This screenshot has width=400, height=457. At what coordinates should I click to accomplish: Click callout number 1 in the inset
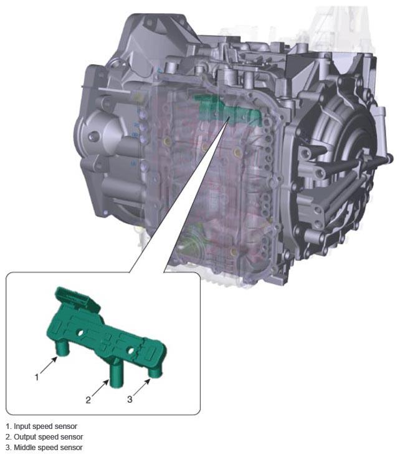(37, 377)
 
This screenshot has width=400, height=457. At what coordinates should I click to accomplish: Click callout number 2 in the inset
(88, 400)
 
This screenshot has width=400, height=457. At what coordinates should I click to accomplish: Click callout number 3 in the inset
(130, 399)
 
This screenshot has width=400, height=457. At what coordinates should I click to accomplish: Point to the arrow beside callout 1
(49, 365)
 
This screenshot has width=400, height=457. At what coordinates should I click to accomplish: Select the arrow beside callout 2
(100, 387)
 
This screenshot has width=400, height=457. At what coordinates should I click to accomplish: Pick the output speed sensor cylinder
(116, 375)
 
